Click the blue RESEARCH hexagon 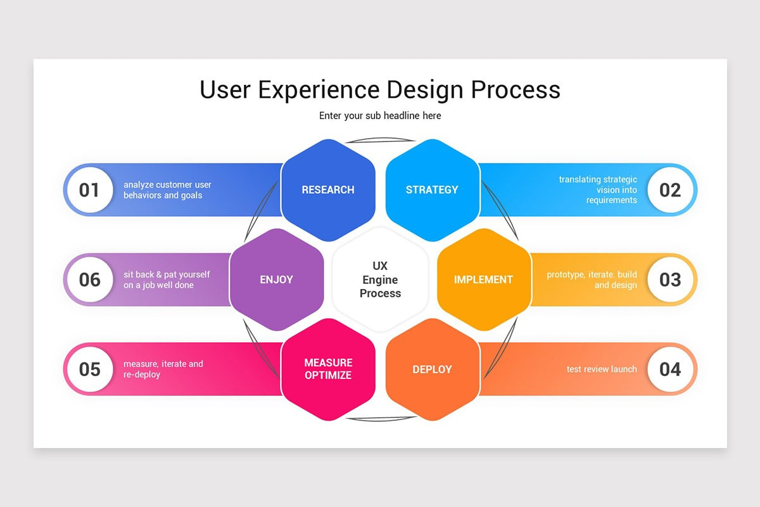(x=328, y=190)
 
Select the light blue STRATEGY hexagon (x=432, y=190)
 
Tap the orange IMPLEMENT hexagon (x=484, y=279)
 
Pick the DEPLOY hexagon (x=432, y=369)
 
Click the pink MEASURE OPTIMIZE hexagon (x=328, y=369)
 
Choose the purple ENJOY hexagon (x=276, y=279)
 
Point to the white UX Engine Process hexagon (x=380, y=279)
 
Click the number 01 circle (x=89, y=190)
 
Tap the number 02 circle (x=670, y=190)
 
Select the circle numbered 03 (x=670, y=279)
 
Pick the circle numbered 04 (x=670, y=369)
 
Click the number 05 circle (x=89, y=369)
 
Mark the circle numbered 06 (x=89, y=279)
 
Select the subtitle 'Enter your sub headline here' (x=380, y=116)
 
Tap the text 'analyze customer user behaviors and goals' (x=167, y=190)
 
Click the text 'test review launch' (x=601, y=369)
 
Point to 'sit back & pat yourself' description (x=167, y=275)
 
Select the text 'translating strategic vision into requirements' (x=598, y=190)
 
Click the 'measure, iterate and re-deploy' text (x=163, y=369)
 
